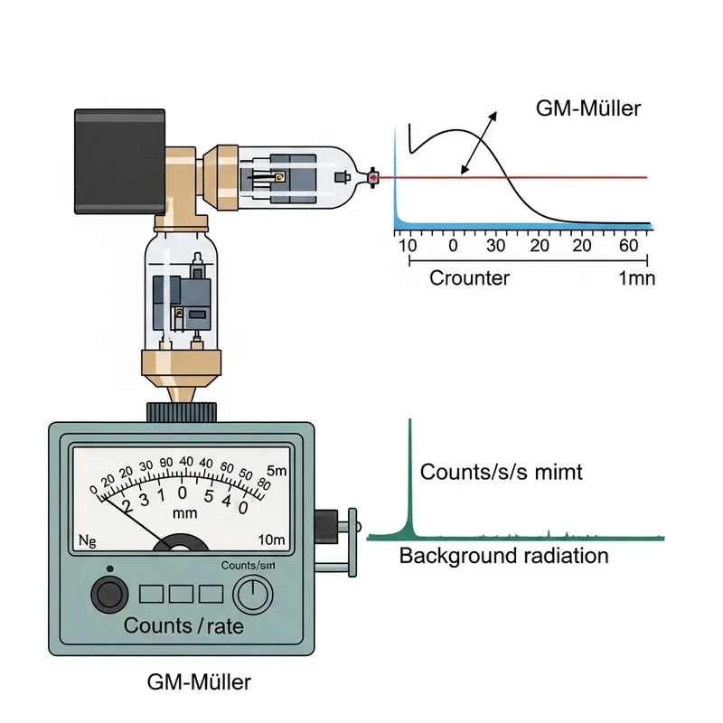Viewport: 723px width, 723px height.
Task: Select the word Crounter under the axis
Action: (x=469, y=278)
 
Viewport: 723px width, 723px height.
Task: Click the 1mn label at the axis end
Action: (x=636, y=278)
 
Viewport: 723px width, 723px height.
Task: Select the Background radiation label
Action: (x=503, y=556)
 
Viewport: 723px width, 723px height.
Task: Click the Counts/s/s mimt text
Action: (x=502, y=472)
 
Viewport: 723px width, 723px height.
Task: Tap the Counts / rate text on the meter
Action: (x=183, y=625)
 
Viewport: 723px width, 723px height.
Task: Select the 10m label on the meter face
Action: (x=270, y=540)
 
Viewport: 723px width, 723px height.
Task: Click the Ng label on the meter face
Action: (x=88, y=541)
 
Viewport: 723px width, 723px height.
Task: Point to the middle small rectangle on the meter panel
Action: (x=183, y=594)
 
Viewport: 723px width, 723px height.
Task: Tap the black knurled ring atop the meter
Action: (x=183, y=412)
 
